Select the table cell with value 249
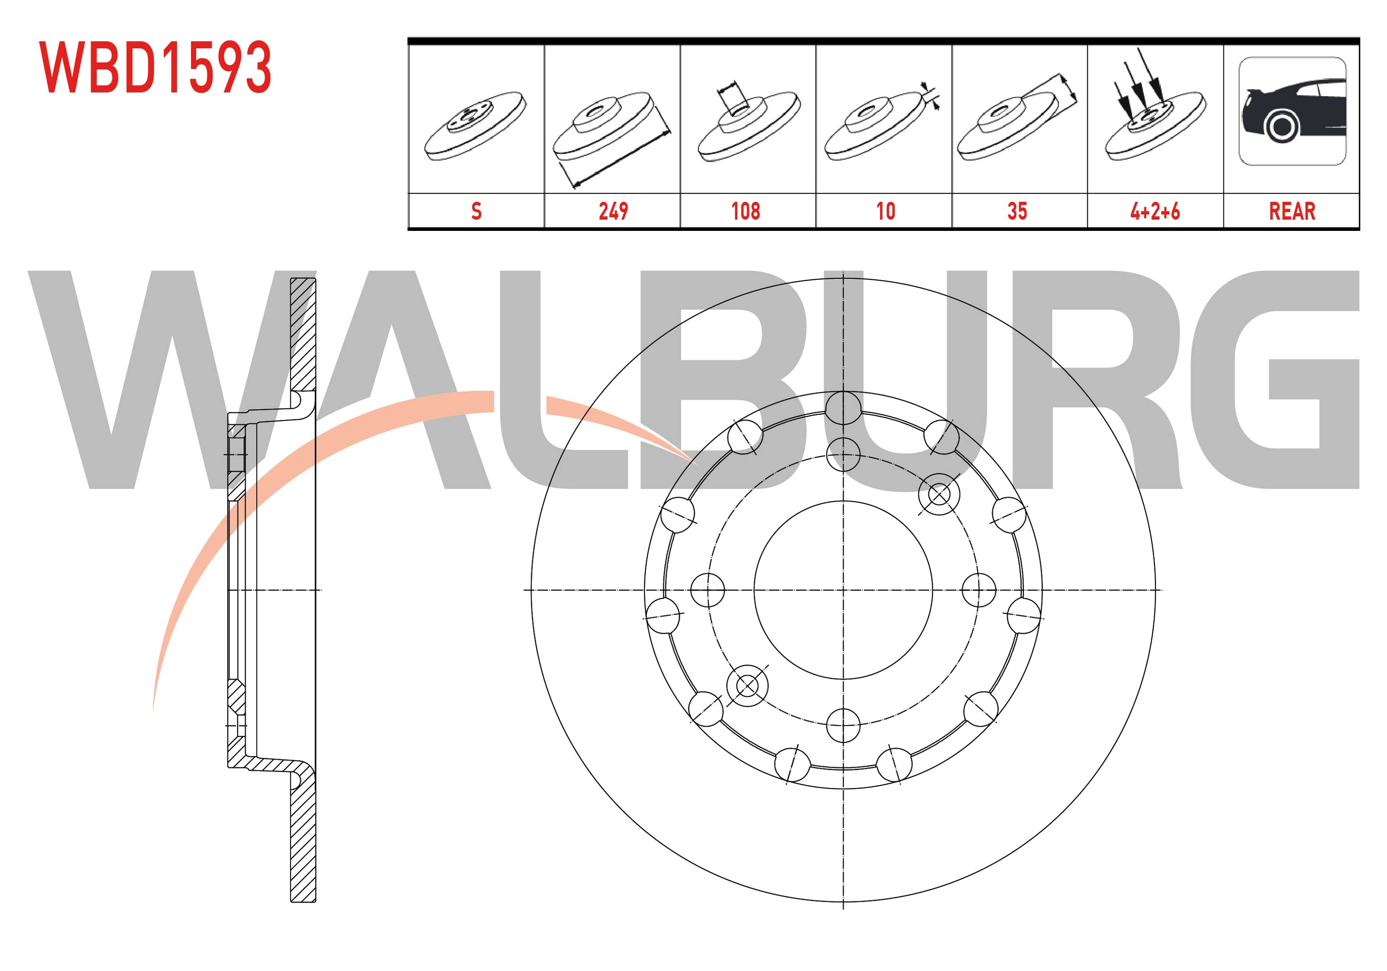pos(612,211)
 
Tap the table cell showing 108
pos(747,211)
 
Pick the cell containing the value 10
pos(883,211)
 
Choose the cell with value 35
pos(1019,211)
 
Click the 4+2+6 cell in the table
pos(1155,211)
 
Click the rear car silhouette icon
pos(1292,111)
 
